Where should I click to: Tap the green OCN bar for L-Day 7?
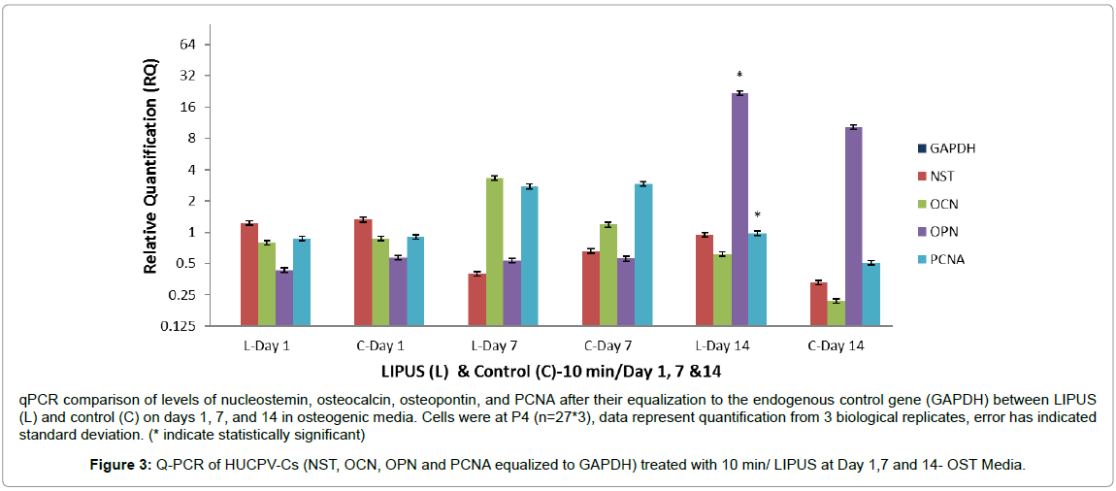[494, 251]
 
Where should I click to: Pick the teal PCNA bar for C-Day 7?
[642, 254]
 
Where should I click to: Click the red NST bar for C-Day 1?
[363, 273]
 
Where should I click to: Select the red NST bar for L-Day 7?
[476, 300]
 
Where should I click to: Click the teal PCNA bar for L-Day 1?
[302, 282]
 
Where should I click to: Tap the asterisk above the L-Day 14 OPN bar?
[739, 76]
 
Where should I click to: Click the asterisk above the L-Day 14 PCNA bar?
[757, 215]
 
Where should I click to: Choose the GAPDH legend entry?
[945, 148]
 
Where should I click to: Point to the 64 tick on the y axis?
[189, 45]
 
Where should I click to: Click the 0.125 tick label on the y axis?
[181, 326]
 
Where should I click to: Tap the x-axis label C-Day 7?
[607, 345]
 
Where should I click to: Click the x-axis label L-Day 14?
[722, 345]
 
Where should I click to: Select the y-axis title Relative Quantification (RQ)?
[150, 174]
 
